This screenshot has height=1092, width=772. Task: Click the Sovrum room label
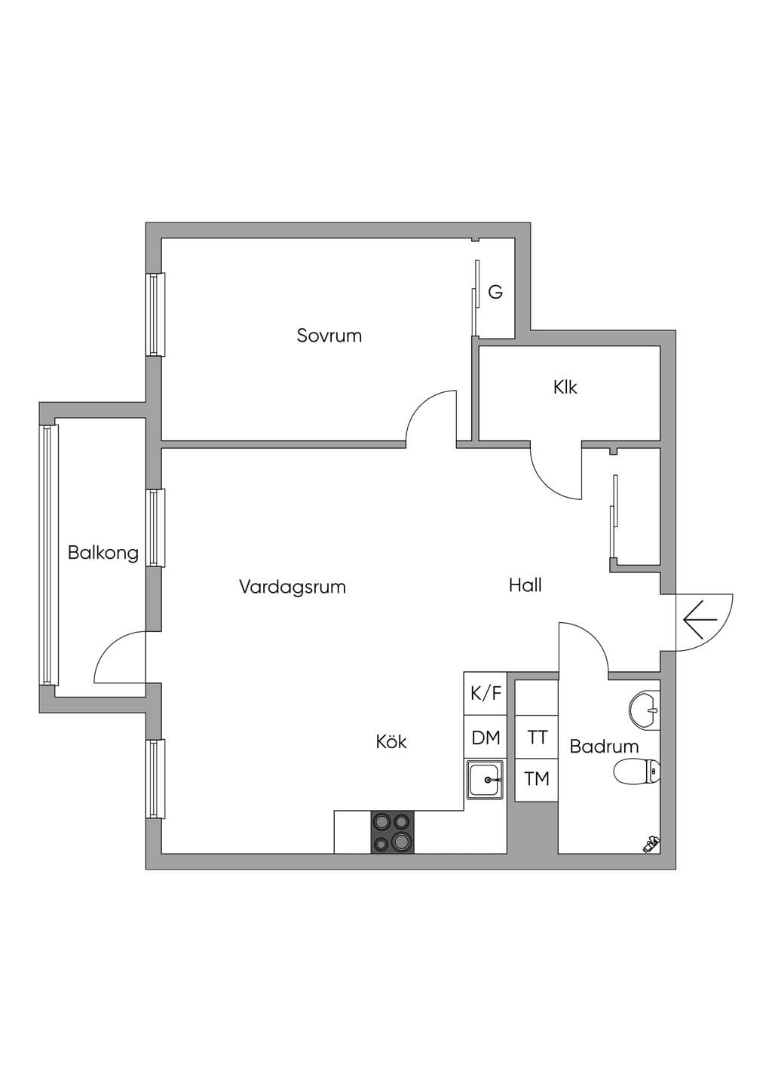[x=329, y=336]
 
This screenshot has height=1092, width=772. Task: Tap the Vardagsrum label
[x=293, y=587]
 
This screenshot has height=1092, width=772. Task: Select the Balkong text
[x=103, y=553]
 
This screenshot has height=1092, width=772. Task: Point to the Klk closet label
[x=565, y=387]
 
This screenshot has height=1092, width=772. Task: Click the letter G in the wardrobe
[x=495, y=292]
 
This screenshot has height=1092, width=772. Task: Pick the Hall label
[x=525, y=585]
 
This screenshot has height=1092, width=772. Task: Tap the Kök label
[x=391, y=741]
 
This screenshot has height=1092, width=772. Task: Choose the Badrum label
[x=604, y=747]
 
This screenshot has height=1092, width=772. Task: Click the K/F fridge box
[x=486, y=693]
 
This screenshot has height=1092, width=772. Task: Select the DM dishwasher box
[x=486, y=737]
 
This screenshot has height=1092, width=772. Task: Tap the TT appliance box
[x=537, y=737]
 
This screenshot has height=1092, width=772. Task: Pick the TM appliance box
[x=537, y=780]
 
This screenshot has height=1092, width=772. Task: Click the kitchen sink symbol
[x=486, y=780]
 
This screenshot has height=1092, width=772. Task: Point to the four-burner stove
[x=392, y=832]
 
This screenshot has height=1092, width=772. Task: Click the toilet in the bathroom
[x=637, y=771]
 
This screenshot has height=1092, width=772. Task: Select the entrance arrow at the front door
[x=700, y=620]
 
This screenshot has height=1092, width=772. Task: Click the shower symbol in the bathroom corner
[x=651, y=844]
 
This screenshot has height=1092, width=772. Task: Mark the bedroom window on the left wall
[x=156, y=314]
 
